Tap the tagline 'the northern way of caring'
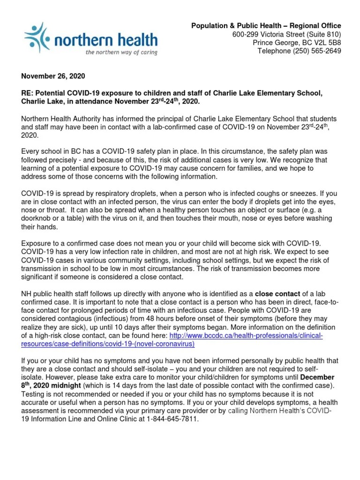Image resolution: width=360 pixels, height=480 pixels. (121, 52)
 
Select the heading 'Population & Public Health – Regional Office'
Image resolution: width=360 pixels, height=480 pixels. (266, 26)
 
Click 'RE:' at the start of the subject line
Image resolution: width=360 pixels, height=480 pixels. (28, 93)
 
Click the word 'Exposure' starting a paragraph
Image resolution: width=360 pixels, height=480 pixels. (37, 244)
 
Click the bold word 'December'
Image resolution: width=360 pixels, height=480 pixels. (317, 377)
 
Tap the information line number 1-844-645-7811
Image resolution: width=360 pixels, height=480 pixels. (176, 420)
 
